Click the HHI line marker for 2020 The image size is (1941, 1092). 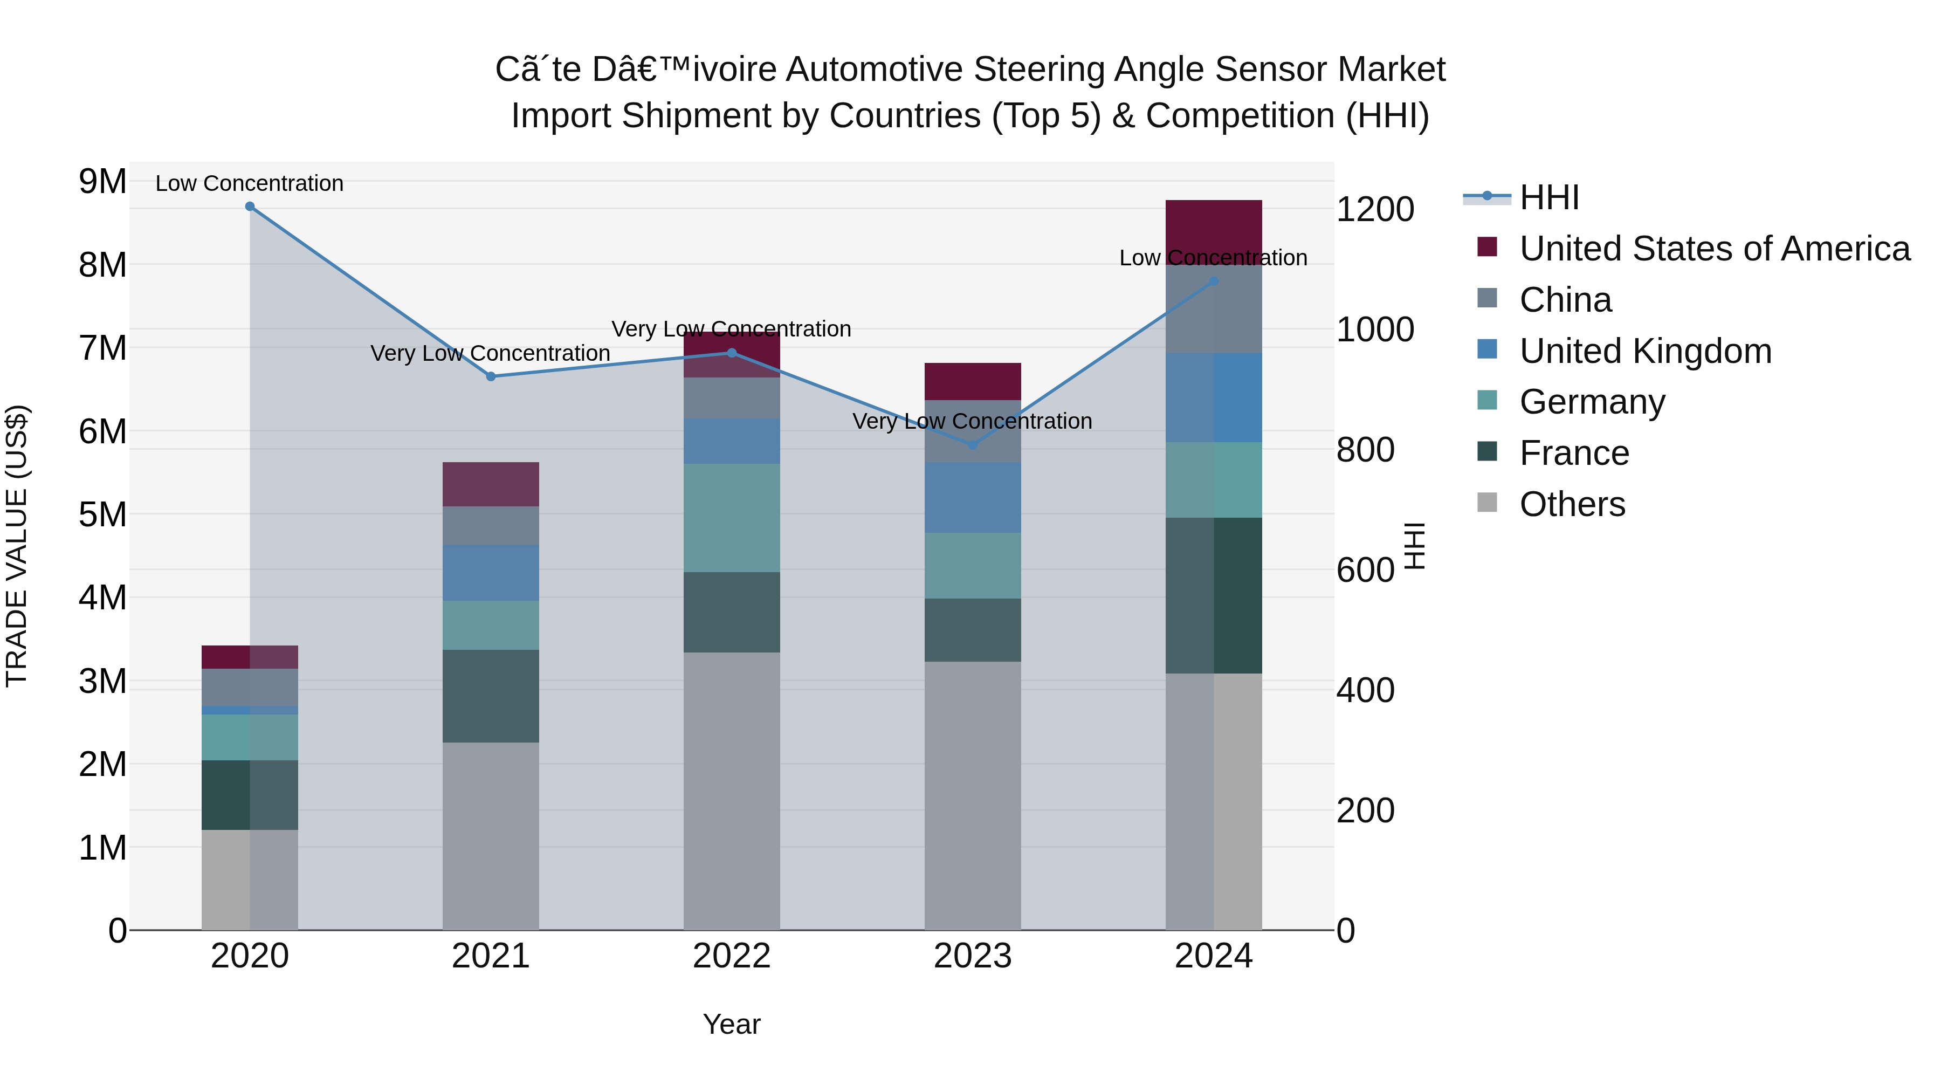(x=250, y=207)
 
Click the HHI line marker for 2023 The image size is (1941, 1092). (x=972, y=445)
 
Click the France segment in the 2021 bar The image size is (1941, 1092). (x=491, y=696)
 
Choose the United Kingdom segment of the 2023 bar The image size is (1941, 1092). (x=972, y=497)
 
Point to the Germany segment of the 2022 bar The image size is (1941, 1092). (x=731, y=518)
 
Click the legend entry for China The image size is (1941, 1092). (x=1565, y=300)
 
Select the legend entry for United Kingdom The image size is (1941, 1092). (x=1645, y=351)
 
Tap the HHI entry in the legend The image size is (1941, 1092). (x=1548, y=197)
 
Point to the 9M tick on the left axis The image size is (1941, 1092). (x=102, y=182)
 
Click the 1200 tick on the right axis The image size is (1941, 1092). (x=1374, y=210)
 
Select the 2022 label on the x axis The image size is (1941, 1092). (x=731, y=956)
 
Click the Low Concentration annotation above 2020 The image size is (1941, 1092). (x=250, y=183)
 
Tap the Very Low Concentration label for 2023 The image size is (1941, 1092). (x=972, y=421)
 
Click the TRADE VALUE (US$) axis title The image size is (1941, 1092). (x=17, y=546)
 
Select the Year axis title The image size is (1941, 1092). (x=731, y=1024)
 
